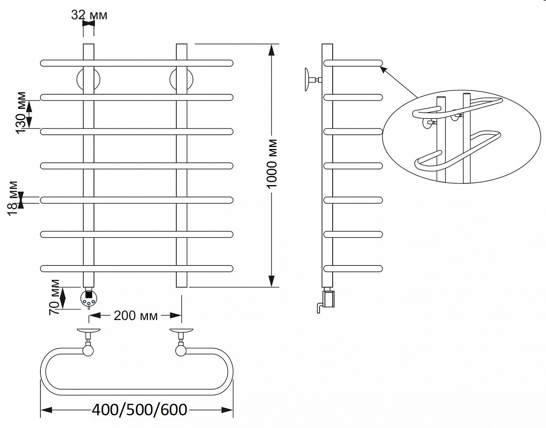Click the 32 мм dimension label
pyautogui.click(x=89, y=15)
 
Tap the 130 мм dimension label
pyautogui.click(x=21, y=113)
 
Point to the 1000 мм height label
pyautogui.click(x=272, y=164)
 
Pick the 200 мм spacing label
pyautogui.click(x=136, y=316)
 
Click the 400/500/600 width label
pyautogui.click(x=140, y=410)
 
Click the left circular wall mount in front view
pyautogui.click(x=88, y=79)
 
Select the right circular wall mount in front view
pyautogui.click(x=181, y=79)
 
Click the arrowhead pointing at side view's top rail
pyautogui.click(x=383, y=70)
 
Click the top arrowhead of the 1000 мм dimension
pyautogui.click(x=272, y=50)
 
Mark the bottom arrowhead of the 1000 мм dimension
pyautogui.click(x=272, y=281)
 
